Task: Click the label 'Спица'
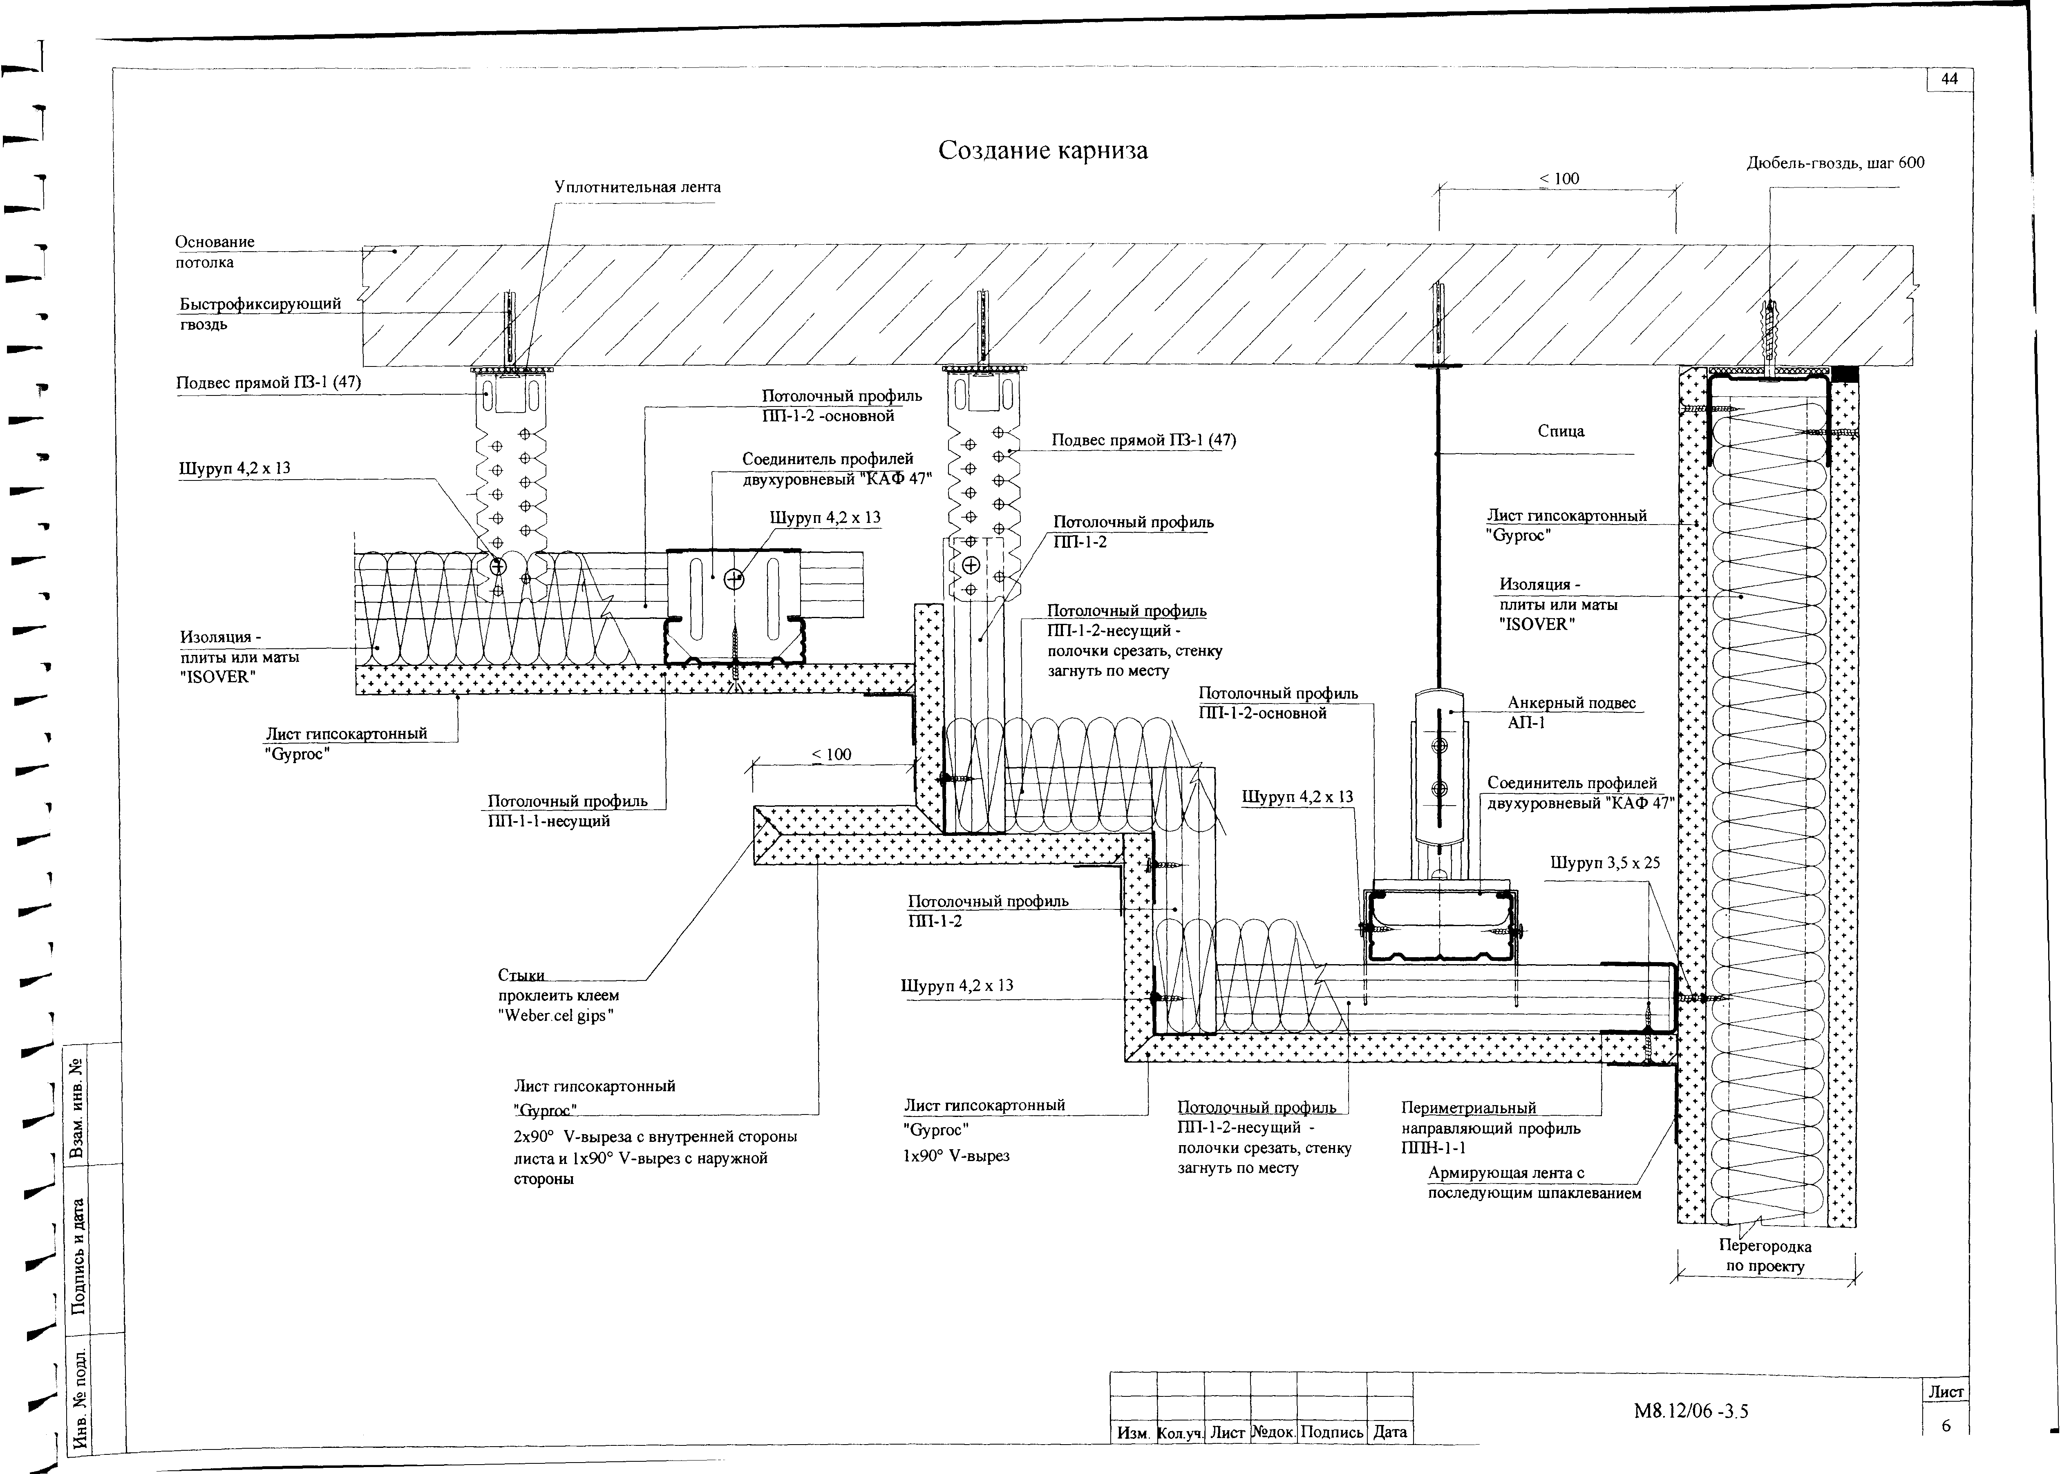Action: [x=1561, y=431]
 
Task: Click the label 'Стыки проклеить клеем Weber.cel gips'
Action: [x=557, y=996]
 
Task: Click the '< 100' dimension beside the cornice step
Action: [x=831, y=754]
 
